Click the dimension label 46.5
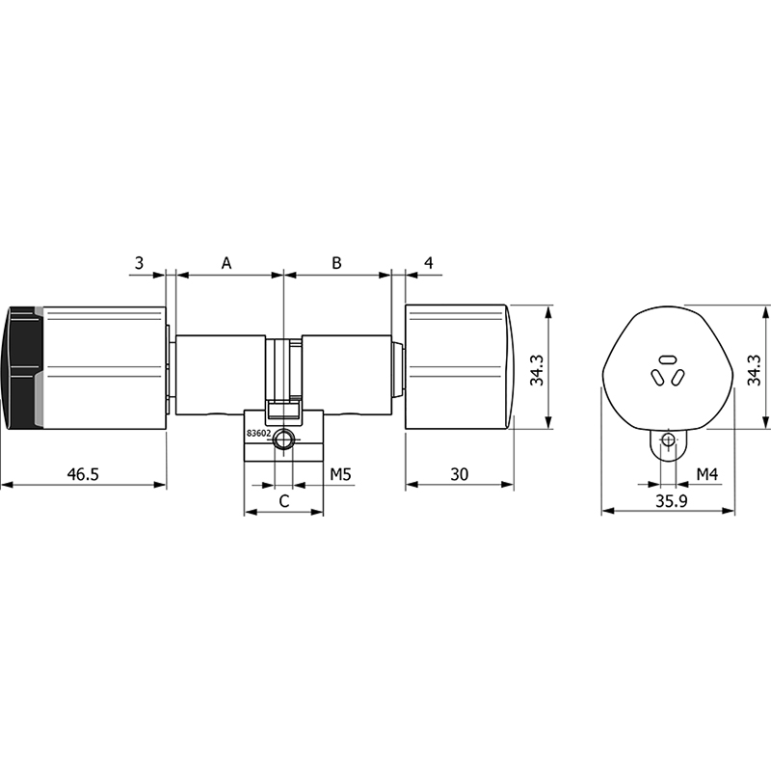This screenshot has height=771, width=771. point(83,474)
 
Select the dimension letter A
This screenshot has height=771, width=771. point(226,263)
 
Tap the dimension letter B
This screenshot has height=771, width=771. point(336,263)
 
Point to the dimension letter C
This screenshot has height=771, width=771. point(284,501)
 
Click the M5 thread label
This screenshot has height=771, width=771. point(340,474)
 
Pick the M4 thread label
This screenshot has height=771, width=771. point(707,474)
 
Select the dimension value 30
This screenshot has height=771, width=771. point(460,474)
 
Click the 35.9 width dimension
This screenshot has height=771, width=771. point(671,501)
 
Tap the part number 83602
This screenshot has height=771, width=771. point(258,433)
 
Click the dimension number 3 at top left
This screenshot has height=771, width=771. point(139,263)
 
